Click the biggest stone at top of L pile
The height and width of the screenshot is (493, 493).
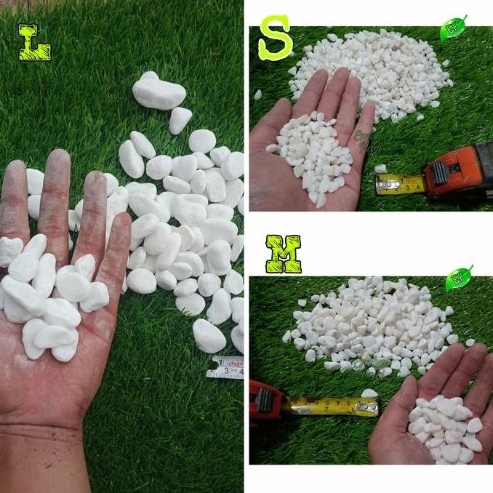[x=158, y=92]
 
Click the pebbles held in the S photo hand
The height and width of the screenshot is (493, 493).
[x=314, y=153]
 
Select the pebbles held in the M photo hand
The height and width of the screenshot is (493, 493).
[x=444, y=429]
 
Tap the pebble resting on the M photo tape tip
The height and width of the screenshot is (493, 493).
[x=369, y=394]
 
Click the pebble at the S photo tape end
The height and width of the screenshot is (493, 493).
[x=380, y=169]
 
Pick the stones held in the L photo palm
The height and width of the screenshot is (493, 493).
[x=51, y=298]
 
